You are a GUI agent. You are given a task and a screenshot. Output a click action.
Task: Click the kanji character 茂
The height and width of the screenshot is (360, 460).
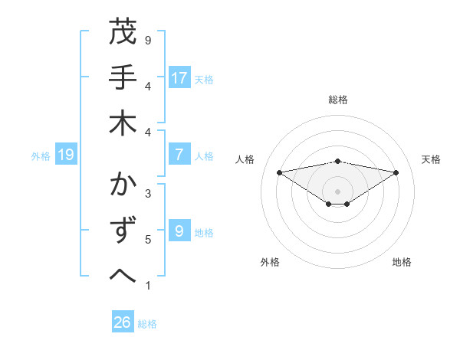click(123, 33)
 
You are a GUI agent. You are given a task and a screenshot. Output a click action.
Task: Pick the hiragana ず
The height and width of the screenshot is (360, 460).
click(123, 230)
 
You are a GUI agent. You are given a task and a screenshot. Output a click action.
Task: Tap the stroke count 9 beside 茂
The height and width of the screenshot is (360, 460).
click(148, 40)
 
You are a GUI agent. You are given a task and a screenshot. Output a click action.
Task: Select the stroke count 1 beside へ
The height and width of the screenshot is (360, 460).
click(148, 286)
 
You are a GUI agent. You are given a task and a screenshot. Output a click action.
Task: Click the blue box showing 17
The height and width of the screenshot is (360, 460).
click(179, 78)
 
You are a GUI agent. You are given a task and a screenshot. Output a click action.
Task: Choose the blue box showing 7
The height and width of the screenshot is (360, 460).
click(179, 155)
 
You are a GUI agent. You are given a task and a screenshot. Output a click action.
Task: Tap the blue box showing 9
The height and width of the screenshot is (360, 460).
click(179, 231)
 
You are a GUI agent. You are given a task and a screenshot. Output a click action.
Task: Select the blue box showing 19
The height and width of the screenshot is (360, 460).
click(66, 155)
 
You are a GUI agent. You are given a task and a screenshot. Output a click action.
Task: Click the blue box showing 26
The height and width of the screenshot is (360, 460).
click(123, 323)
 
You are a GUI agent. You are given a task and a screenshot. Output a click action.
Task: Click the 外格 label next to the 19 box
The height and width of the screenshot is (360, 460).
click(41, 156)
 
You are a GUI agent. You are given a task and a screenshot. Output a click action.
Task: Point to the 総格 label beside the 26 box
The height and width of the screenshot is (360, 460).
click(147, 324)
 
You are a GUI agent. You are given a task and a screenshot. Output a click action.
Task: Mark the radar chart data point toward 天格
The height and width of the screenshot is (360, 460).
click(396, 172)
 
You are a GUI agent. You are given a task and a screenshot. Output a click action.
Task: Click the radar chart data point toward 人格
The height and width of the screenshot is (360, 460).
click(279, 172)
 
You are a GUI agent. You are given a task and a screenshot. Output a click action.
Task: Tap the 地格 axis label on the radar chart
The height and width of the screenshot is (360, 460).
click(402, 262)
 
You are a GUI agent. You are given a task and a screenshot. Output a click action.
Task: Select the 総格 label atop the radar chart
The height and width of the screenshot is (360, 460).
click(338, 100)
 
